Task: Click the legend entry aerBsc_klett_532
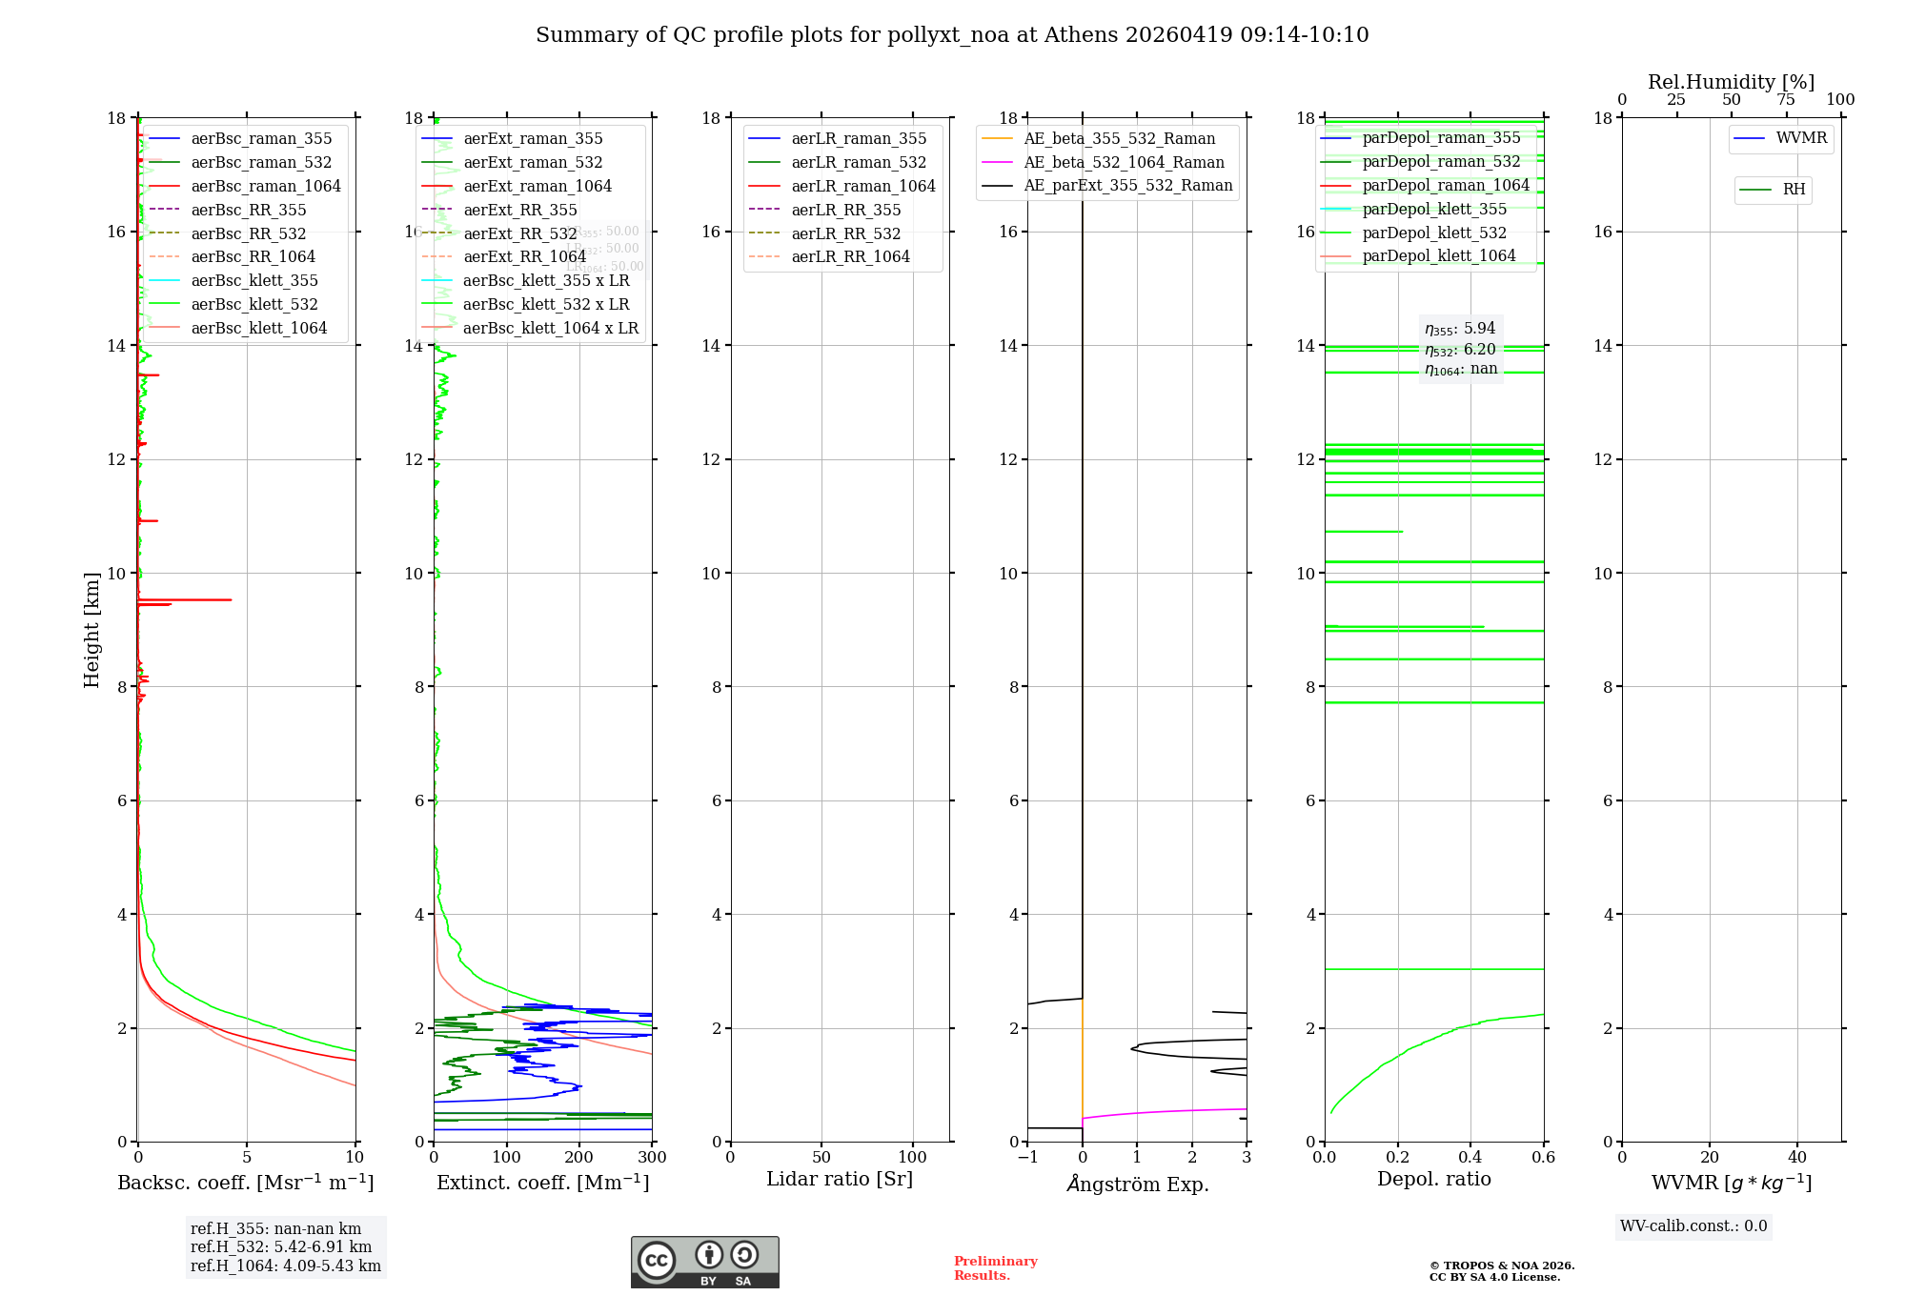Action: point(253,305)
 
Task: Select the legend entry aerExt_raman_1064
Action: point(537,187)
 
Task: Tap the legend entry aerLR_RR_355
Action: point(845,211)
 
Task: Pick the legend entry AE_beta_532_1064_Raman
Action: point(1124,163)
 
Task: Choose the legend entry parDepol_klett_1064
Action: point(1438,256)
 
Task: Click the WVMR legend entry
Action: point(1800,139)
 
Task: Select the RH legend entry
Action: point(1794,190)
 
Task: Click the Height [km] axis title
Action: point(91,630)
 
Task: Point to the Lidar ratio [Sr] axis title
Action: point(840,1180)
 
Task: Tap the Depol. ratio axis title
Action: point(1433,1180)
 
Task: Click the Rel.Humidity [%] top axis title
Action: point(1731,83)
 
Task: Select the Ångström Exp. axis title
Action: point(1137,1185)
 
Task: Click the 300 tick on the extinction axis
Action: point(652,1158)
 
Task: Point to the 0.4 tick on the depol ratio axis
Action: point(1470,1158)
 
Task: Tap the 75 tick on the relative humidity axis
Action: point(1786,100)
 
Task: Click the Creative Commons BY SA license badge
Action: point(704,1263)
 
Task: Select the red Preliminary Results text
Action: point(995,1268)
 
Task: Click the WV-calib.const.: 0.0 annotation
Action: point(1693,1226)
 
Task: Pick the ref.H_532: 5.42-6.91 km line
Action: point(281,1247)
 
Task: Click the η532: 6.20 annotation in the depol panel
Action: point(1460,350)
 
